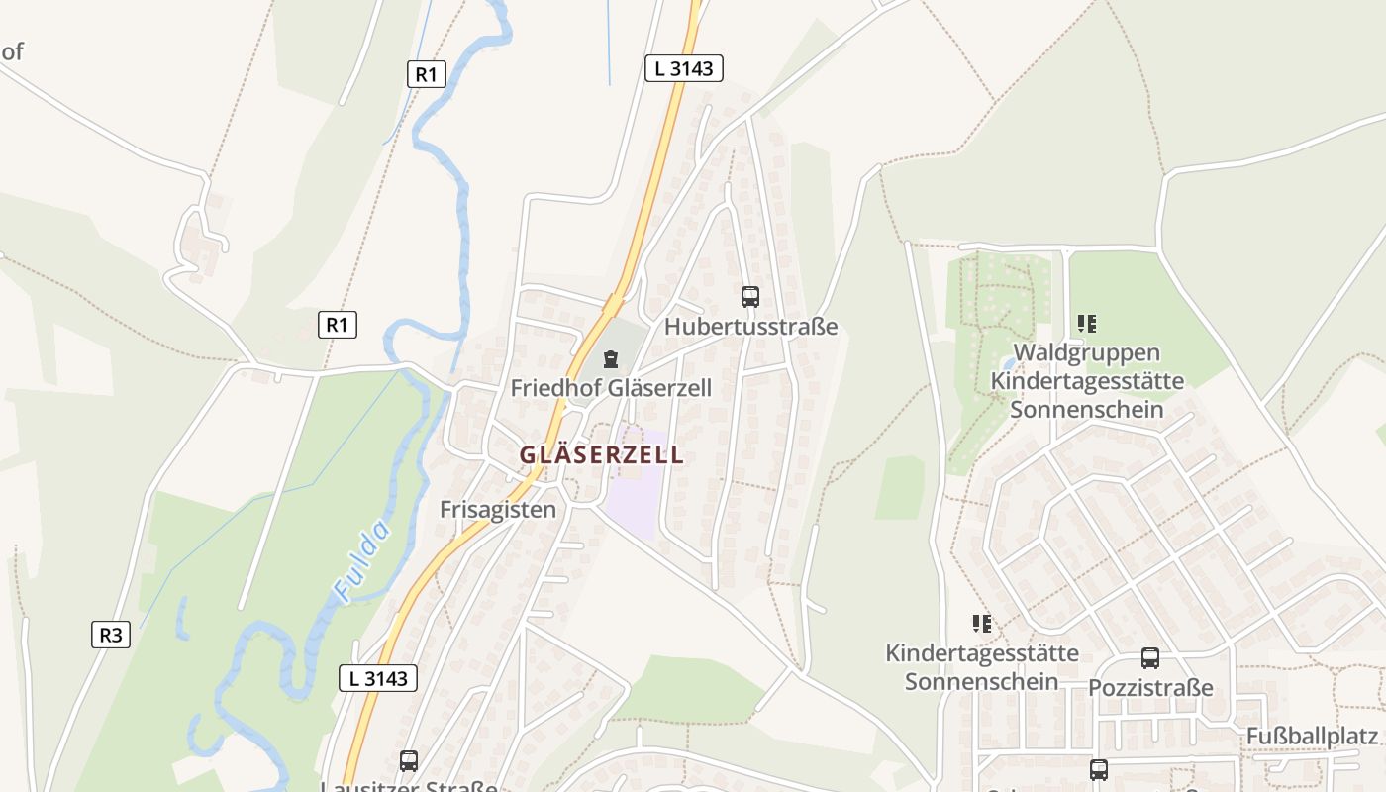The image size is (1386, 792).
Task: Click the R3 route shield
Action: tap(111, 635)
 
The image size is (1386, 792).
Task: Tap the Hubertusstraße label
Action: tap(750, 327)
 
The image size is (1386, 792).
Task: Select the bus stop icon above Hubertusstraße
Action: tap(750, 296)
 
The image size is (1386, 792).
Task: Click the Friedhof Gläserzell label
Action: tap(611, 388)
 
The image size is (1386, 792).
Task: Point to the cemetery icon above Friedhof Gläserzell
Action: tap(611, 359)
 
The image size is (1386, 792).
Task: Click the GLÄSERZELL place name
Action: tap(602, 455)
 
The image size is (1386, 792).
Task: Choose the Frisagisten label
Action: tap(498, 510)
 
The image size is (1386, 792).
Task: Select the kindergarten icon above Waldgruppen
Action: tap(1087, 324)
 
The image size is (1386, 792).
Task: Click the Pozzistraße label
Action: tap(1150, 688)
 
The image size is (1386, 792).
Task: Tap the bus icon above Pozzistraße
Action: tap(1150, 658)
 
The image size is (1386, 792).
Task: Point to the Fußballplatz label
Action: tap(1312, 737)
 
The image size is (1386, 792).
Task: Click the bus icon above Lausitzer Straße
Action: tap(409, 761)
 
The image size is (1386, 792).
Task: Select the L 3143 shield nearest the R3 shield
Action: tap(378, 678)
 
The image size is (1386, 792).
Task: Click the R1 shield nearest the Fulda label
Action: tap(338, 325)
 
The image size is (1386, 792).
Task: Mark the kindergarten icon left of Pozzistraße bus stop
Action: tap(982, 624)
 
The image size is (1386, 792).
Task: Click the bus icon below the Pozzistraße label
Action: tap(1099, 770)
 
